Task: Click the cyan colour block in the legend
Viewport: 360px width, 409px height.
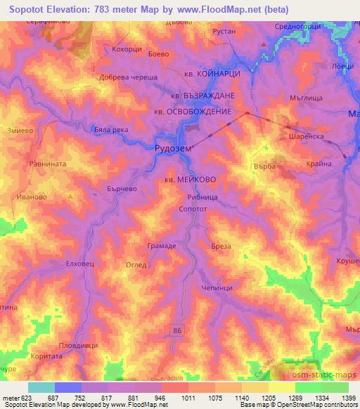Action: tap(41, 387)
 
